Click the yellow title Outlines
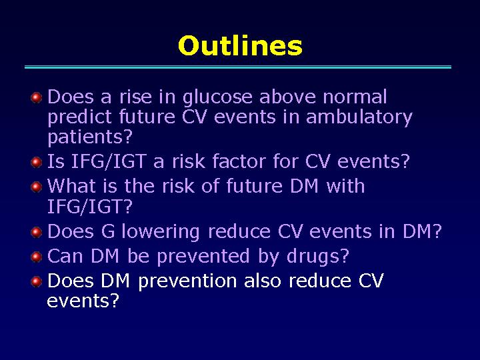point(240,45)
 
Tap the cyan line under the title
point(238,67)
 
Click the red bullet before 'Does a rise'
point(37,98)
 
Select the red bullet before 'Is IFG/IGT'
point(37,162)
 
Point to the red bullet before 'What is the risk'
point(37,187)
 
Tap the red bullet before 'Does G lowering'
point(37,232)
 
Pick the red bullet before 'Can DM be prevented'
point(37,257)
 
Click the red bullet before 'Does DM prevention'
point(37,281)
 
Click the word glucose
point(217,98)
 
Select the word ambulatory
point(359,118)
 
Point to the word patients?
point(90,137)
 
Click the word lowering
point(161,233)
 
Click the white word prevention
point(187,282)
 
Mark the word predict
point(79,118)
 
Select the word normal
point(355,97)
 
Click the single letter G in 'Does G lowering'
point(108,232)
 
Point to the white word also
point(263,281)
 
